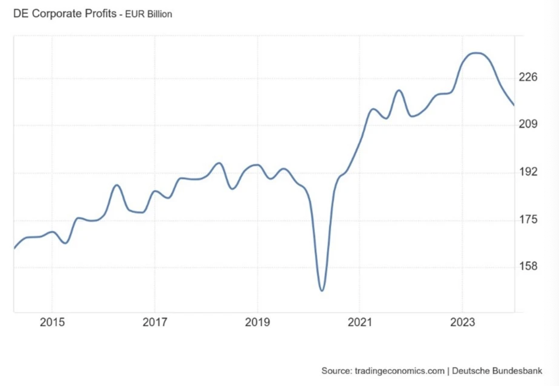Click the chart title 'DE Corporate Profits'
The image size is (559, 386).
point(65,13)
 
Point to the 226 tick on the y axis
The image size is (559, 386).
point(529,77)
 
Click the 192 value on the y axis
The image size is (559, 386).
point(529,172)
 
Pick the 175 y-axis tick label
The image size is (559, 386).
point(529,219)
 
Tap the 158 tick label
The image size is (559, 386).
point(529,266)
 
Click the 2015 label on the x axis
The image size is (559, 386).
point(52,323)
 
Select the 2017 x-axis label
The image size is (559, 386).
point(155,323)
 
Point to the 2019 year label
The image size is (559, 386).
point(257,323)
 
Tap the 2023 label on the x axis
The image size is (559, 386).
point(462,323)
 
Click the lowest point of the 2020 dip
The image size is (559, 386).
point(321,290)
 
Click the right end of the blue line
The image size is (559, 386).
point(514,105)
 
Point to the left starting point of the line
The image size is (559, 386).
point(14,248)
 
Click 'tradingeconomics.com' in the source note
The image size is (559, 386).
point(399,371)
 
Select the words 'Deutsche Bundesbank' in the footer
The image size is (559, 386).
point(497,371)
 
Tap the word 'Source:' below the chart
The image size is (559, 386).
point(337,371)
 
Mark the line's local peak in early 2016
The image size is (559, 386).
point(117,185)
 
